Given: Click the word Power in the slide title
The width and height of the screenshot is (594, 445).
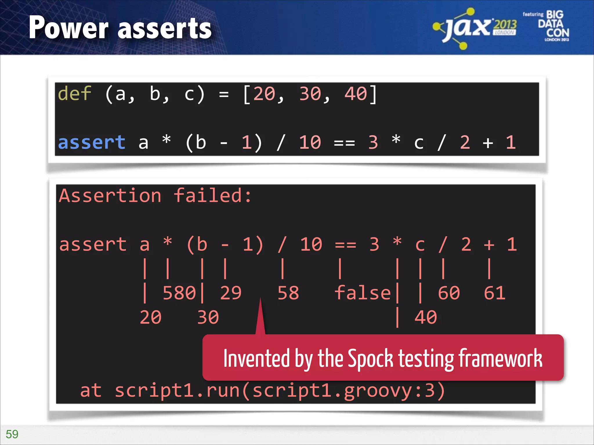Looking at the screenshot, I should coord(68,28).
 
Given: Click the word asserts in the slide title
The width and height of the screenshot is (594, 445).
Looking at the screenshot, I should coord(165,29).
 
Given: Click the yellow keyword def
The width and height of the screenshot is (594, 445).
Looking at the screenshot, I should coord(75,94).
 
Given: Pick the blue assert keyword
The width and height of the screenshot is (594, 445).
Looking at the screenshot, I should coord(92,143).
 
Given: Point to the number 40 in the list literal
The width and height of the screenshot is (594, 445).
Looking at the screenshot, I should coord(356,94).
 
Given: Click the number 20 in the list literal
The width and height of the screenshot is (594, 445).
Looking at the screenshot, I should coord(264,94).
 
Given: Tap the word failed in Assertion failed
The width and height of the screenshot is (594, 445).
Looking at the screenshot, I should coord(208,196).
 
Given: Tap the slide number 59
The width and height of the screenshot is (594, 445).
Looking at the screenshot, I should coord(12,434).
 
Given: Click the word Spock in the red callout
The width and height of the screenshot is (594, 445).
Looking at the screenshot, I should coord(370,359).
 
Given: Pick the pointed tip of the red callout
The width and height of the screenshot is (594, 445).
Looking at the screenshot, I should coord(260,300).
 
